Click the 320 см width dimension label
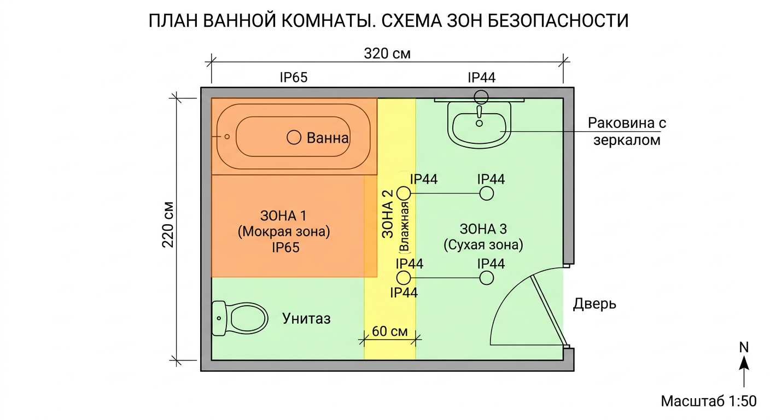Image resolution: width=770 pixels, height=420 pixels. [x=387, y=54]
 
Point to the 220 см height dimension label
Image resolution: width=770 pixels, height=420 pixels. [x=168, y=225]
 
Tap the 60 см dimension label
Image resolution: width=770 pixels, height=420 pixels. [x=389, y=331]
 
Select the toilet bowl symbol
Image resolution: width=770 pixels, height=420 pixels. [x=240, y=318]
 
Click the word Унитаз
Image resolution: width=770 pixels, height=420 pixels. [x=306, y=319]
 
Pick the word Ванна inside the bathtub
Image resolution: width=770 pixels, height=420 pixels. [x=328, y=138]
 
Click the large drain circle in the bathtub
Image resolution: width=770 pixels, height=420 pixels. [x=294, y=137]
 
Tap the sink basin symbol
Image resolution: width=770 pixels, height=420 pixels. [x=479, y=125]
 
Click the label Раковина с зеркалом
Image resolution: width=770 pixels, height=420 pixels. [x=627, y=131]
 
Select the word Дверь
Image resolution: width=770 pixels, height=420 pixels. [x=594, y=304]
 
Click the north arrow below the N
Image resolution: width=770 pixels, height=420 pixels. [x=744, y=371]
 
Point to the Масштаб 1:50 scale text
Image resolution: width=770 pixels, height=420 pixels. [x=709, y=401]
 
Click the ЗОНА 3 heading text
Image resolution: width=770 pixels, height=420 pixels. [x=483, y=229]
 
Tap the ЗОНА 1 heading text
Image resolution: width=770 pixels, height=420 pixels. [x=283, y=216]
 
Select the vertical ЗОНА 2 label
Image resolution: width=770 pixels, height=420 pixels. [x=388, y=214]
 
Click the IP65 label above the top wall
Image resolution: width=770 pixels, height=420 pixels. [x=294, y=77]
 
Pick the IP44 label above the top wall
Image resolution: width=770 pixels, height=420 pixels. [x=482, y=78]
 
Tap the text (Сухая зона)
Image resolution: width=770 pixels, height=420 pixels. [x=483, y=244]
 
